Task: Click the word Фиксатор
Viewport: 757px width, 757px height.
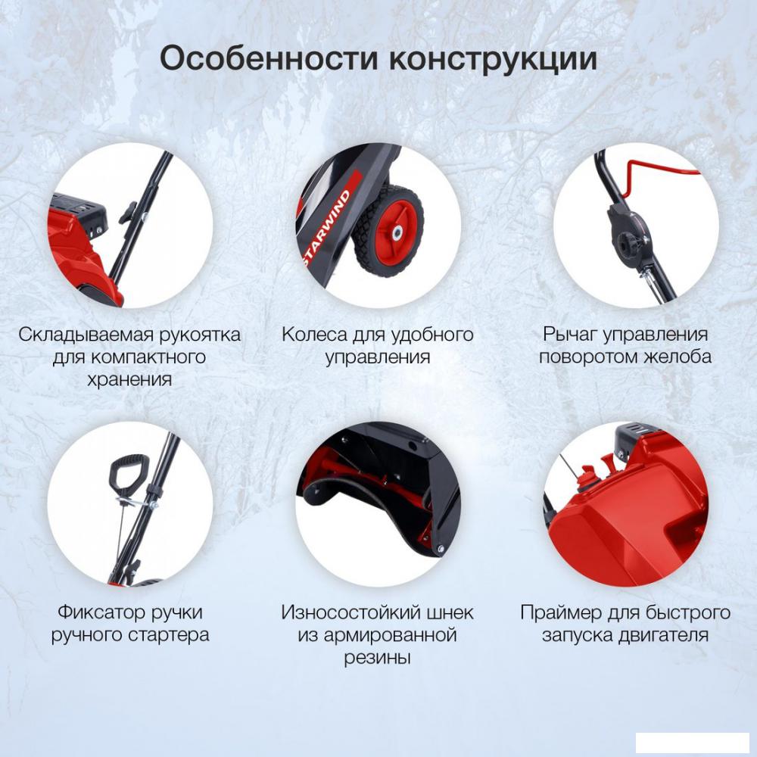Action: click(101, 612)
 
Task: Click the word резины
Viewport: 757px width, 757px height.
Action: click(377, 658)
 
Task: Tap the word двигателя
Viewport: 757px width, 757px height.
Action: click(663, 635)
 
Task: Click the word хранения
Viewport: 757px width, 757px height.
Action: click(129, 379)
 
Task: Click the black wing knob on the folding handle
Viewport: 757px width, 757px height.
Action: click(126, 213)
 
